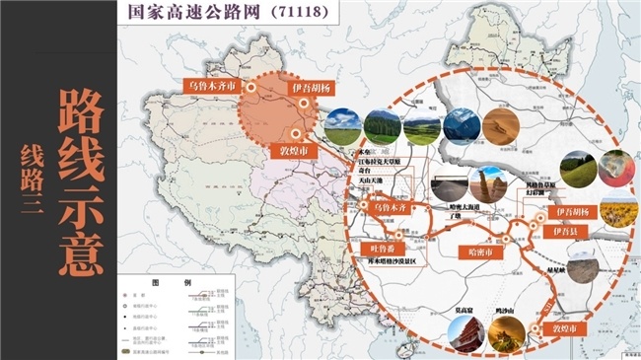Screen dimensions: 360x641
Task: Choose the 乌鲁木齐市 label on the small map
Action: coord(212,86)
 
